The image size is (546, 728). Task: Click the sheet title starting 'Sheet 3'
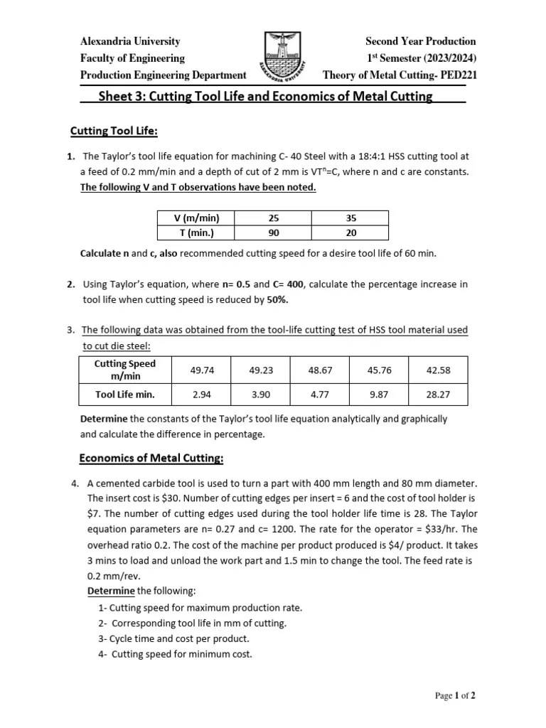pos(264,97)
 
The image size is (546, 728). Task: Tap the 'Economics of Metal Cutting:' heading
pos(151,458)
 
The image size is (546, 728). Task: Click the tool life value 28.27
pos(438,394)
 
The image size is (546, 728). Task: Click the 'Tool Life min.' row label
pos(125,394)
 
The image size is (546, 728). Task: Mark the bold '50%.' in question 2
pos(278,299)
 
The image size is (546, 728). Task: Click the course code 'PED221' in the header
pos(455,75)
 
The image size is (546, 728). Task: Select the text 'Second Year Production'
pos(420,41)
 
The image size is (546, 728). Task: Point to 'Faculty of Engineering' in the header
pos(132,58)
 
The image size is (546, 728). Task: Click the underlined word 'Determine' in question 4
pos(111,591)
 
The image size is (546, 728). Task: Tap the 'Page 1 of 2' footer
pos(455,696)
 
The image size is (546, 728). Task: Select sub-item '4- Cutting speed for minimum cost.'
pos(176,654)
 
